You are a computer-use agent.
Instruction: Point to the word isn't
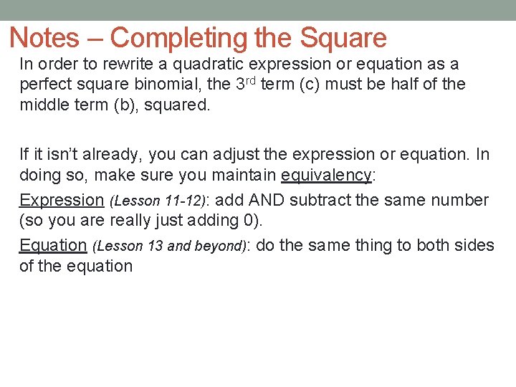pos(54,154)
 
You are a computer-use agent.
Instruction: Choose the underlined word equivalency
pos(327,176)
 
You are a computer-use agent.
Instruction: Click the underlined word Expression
pos(62,200)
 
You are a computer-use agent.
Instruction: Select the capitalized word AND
pos(268,200)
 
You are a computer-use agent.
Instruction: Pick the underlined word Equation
pos(53,245)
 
